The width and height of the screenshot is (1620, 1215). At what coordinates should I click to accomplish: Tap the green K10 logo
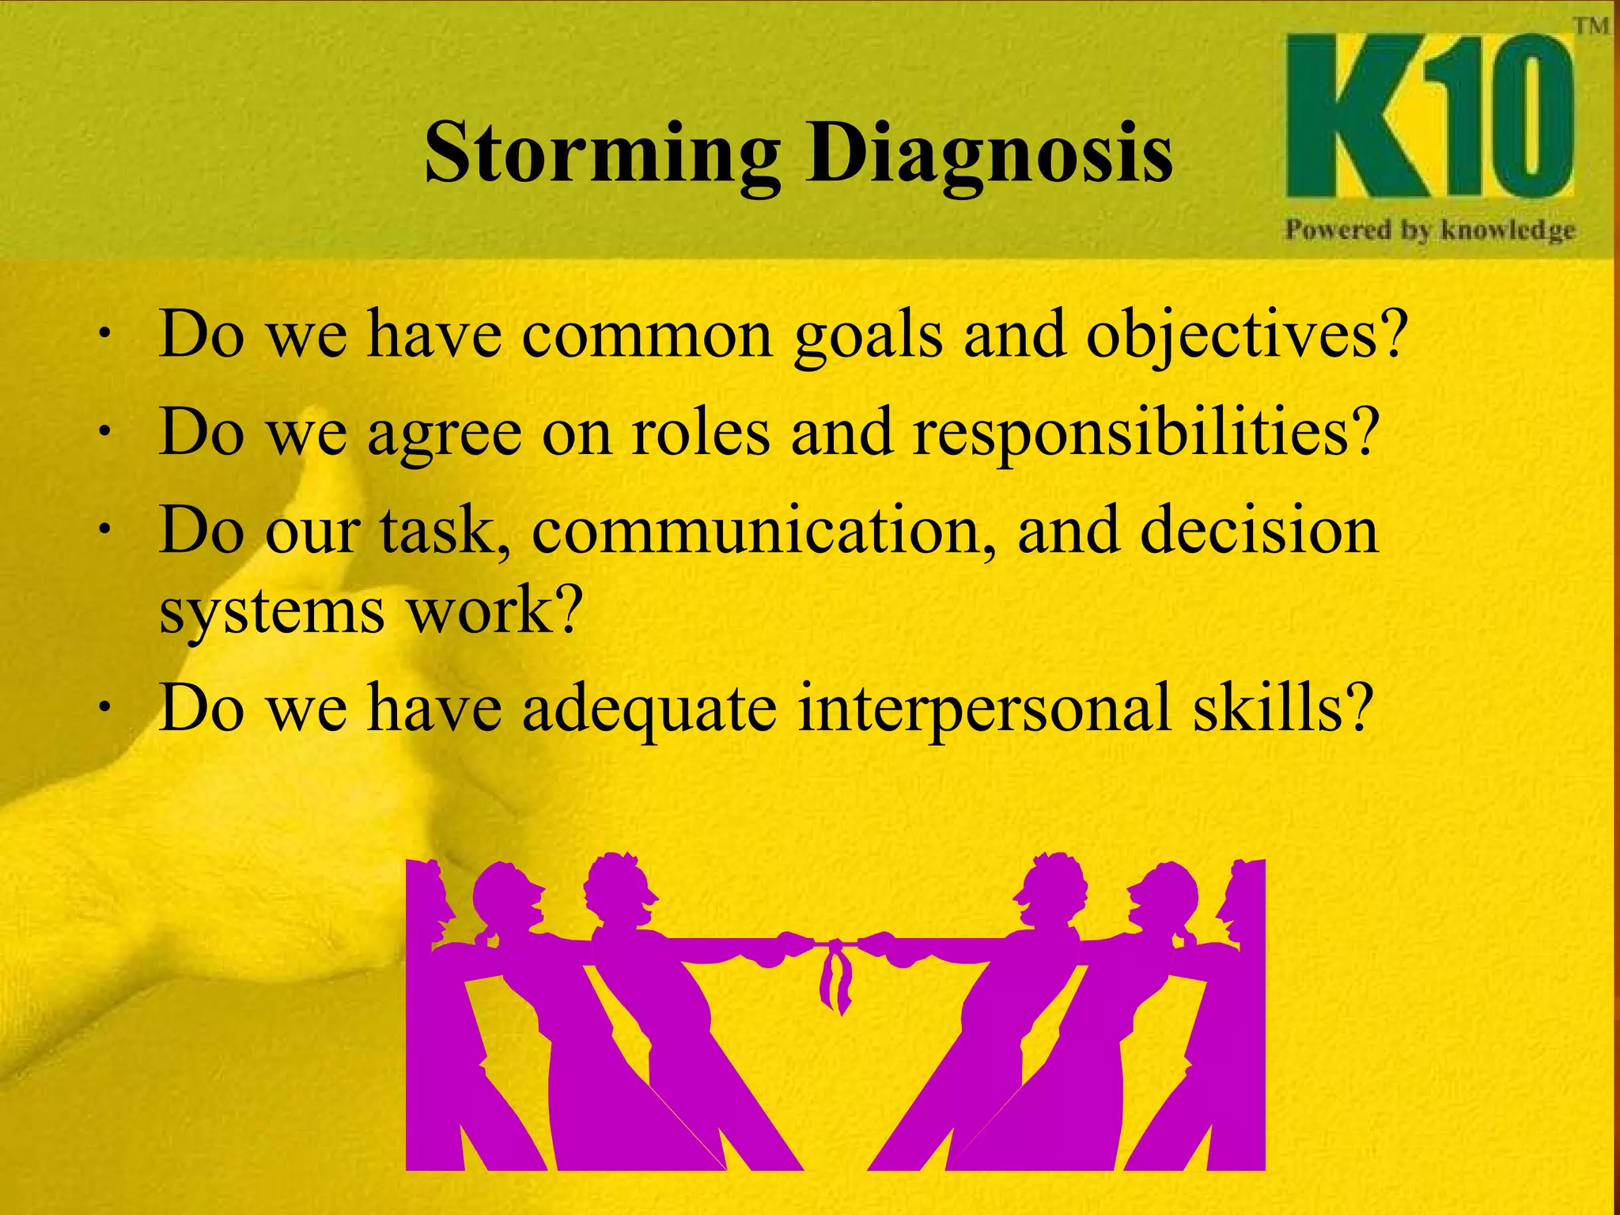[x=1429, y=117]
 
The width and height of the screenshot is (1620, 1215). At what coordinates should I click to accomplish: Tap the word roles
[x=700, y=433]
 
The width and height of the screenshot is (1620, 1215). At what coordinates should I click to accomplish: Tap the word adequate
[x=649, y=709]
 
